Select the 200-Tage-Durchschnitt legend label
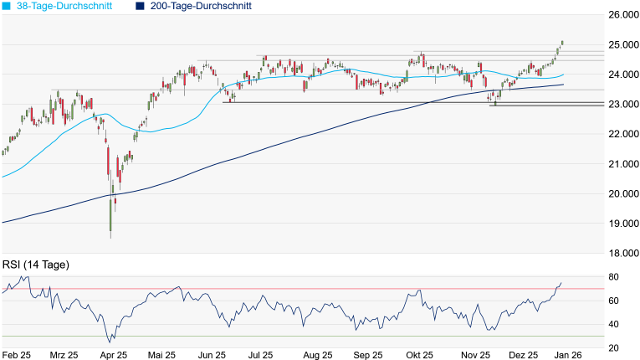(203, 6)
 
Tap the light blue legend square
(6, 6)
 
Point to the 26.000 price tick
(620, 15)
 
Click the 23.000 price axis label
(620, 105)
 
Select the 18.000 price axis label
(620, 253)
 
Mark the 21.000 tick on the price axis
(620, 164)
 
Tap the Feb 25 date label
(16, 355)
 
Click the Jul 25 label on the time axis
(262, 355)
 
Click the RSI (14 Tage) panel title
(35, 265)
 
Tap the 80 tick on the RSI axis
(613, 277)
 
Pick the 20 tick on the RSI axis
(613, 347)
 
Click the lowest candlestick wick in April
(110, 234)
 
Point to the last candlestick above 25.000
(562, 42)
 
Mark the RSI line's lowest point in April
(110, 342)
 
